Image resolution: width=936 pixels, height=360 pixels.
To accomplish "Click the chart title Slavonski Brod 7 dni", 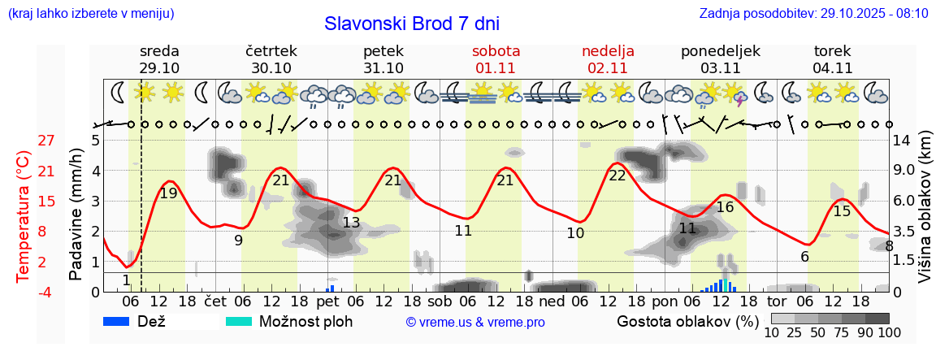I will coord(412,24).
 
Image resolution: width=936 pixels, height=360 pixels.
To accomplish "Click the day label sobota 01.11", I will coord(496,59).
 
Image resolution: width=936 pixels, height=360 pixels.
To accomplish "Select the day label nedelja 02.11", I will coord(608,59).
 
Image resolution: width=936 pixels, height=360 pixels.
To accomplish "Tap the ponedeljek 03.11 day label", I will coord(720,59).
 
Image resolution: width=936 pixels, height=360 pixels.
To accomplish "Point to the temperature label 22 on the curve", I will coord(617,176).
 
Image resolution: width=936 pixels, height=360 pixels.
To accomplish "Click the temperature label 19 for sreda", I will coord(168,193).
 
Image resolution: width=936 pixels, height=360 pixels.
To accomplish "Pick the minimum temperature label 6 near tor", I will coord(804,257).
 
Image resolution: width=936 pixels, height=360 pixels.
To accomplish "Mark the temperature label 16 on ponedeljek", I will coord(725,207).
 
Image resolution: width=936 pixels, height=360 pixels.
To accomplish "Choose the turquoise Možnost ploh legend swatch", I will coord(239,321).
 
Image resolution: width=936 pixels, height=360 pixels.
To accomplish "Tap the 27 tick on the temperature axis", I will coord(46,140).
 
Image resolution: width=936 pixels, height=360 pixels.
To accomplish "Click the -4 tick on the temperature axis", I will coord(46,292).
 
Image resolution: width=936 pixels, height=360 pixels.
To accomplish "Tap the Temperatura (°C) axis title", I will coord(24,216).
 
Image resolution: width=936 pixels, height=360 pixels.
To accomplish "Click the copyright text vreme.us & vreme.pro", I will coord(475,323).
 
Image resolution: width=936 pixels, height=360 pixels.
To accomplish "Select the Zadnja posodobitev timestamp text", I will coord(813,14).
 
